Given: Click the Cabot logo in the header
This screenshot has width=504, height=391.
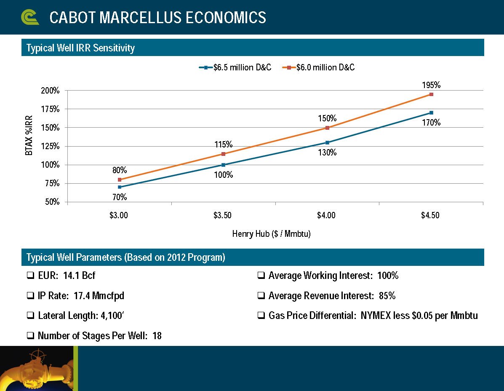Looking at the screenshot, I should click(30, 17).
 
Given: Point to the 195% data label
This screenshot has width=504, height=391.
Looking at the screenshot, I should click(431, 85).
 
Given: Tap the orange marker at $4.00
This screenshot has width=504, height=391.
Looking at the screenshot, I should click(327, 128).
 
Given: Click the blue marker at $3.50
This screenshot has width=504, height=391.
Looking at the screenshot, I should click(223, 165).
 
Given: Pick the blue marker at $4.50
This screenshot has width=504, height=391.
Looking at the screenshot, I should click(431, 112).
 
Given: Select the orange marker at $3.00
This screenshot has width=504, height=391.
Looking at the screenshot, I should click(120, 179).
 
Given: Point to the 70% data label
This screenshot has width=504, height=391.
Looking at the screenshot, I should click(120, 197).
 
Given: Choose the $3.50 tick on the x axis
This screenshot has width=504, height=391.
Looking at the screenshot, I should click(223, 215).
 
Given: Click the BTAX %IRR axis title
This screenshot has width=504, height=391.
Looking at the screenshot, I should click(29, 135).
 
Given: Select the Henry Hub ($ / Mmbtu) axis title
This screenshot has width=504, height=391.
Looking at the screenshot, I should click(271, 234).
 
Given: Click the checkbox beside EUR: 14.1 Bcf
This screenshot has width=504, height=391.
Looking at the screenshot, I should click(30, 276).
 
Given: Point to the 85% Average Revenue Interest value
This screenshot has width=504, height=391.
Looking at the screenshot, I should click(387, 296).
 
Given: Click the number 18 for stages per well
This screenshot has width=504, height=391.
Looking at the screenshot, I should click(157, 336).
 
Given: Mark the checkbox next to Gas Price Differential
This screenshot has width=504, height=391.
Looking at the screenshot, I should click(261, 316).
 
